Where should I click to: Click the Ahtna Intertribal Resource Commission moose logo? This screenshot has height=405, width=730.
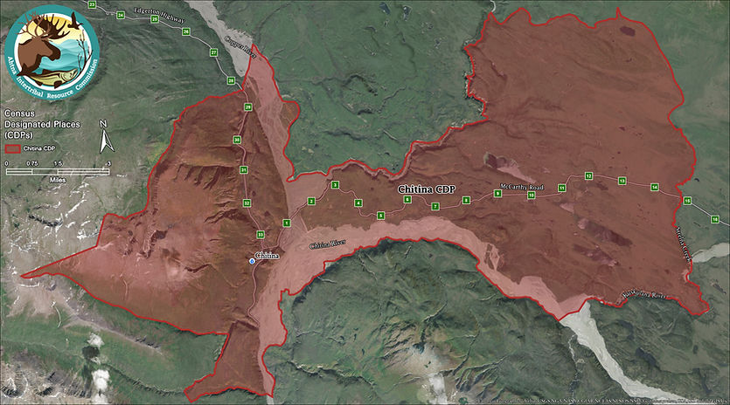pyautogui.click(x=52, y=49)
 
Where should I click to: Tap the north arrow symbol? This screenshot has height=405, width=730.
pyautogui.click(x=102, y=137)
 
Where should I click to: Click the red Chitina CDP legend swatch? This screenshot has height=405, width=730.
pyautogui.click(x=13, y=148)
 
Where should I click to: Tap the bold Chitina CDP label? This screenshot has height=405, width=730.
pyautogui.click(x=427, y=189)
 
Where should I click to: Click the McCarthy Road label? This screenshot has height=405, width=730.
pyautogui.click(x=522, y=187)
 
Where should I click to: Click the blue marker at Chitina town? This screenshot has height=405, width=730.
pyautogui.click(x=253, y=261)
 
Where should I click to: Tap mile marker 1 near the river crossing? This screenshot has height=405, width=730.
pyautogui.click(x=286, y=223)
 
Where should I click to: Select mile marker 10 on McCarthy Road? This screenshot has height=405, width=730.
pyautogui.click(x=531, y=196)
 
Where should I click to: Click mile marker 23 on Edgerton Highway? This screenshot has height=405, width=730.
pyautogui.click(x=93, y=4)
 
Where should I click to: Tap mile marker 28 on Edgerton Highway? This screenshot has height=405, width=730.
pyautogui.click(x=232, y=80)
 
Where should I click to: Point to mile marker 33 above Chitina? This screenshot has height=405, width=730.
pyautogui.click(x=261, y=234)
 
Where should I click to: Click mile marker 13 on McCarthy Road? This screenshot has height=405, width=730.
pyautogui.click(x=622, y=181)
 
